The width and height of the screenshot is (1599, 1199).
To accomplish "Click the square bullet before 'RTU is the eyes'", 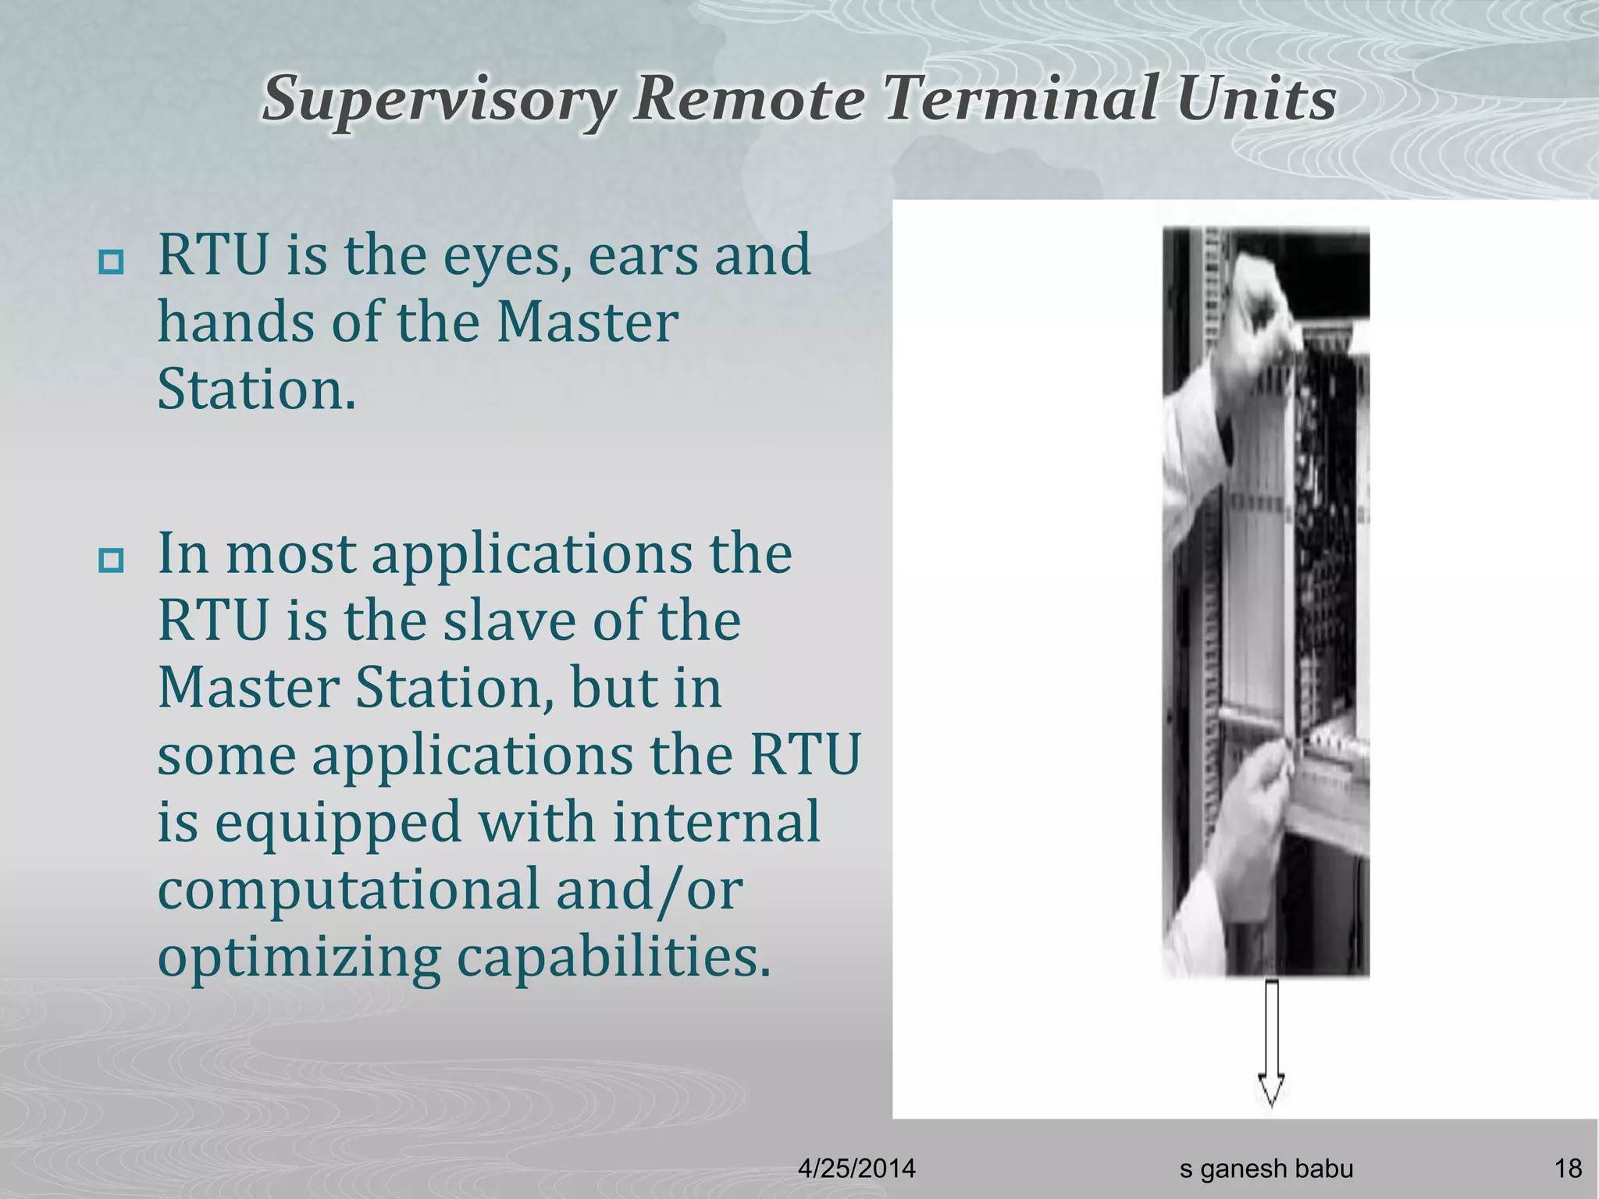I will pyautogui.click(x=111, y=263).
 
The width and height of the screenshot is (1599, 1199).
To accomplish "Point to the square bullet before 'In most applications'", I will pyautogui.click(x=111, y=560).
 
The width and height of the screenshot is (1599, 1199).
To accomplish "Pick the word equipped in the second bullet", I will pyautogui.click(x=338, y=823).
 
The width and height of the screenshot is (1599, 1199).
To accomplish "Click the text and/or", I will pyautogui.click(x=650, y=890).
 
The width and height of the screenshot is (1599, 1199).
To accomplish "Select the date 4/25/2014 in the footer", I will pyautogui.click(x=856, y=1169).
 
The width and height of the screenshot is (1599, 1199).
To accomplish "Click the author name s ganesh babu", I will pyautogui.click(x=1266, y=1169).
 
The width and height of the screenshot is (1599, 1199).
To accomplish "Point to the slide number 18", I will pyautogui.click(x=1568, y=1169).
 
